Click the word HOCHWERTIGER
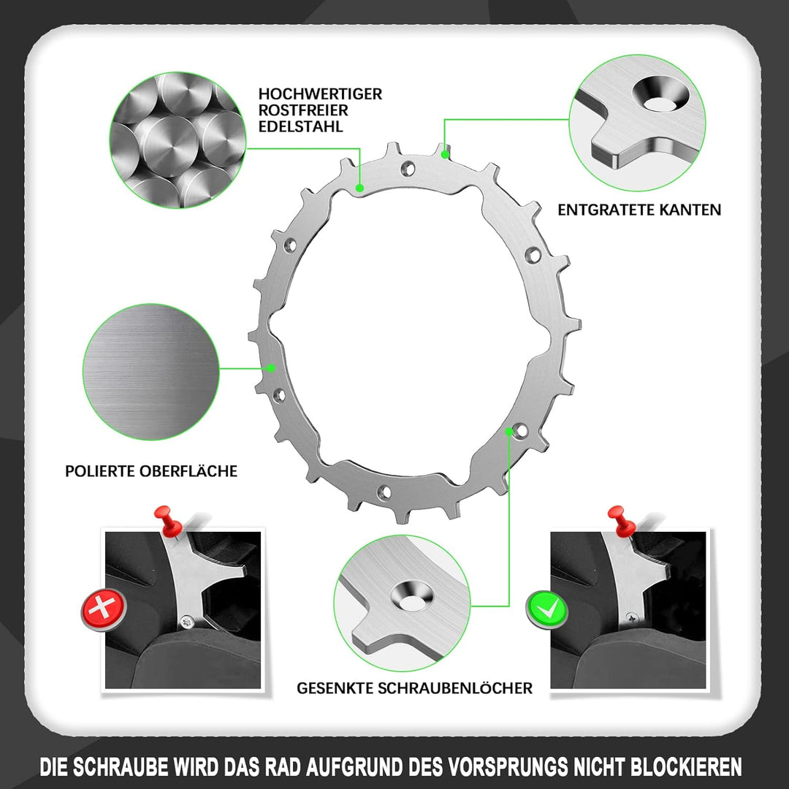tap(320, 94)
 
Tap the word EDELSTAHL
tap(300, 126)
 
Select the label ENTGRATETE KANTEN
tap(639, 210)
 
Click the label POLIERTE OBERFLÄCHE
tap(151, 471)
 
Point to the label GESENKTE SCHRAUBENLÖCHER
tap(414, 688)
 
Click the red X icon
tap(103, 609)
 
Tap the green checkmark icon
tap(547, 610)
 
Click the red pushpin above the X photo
tap(169, 522)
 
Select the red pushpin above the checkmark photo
tap(622, 522)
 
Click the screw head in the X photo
tap(188, 622)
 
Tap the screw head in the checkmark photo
tap(630, 616)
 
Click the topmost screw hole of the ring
tap(408, 167)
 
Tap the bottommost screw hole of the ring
tap(384, 492)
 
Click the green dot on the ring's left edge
tap(271, 367)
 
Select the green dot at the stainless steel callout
tap(359, 188)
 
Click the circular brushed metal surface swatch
tap(151, 372)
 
